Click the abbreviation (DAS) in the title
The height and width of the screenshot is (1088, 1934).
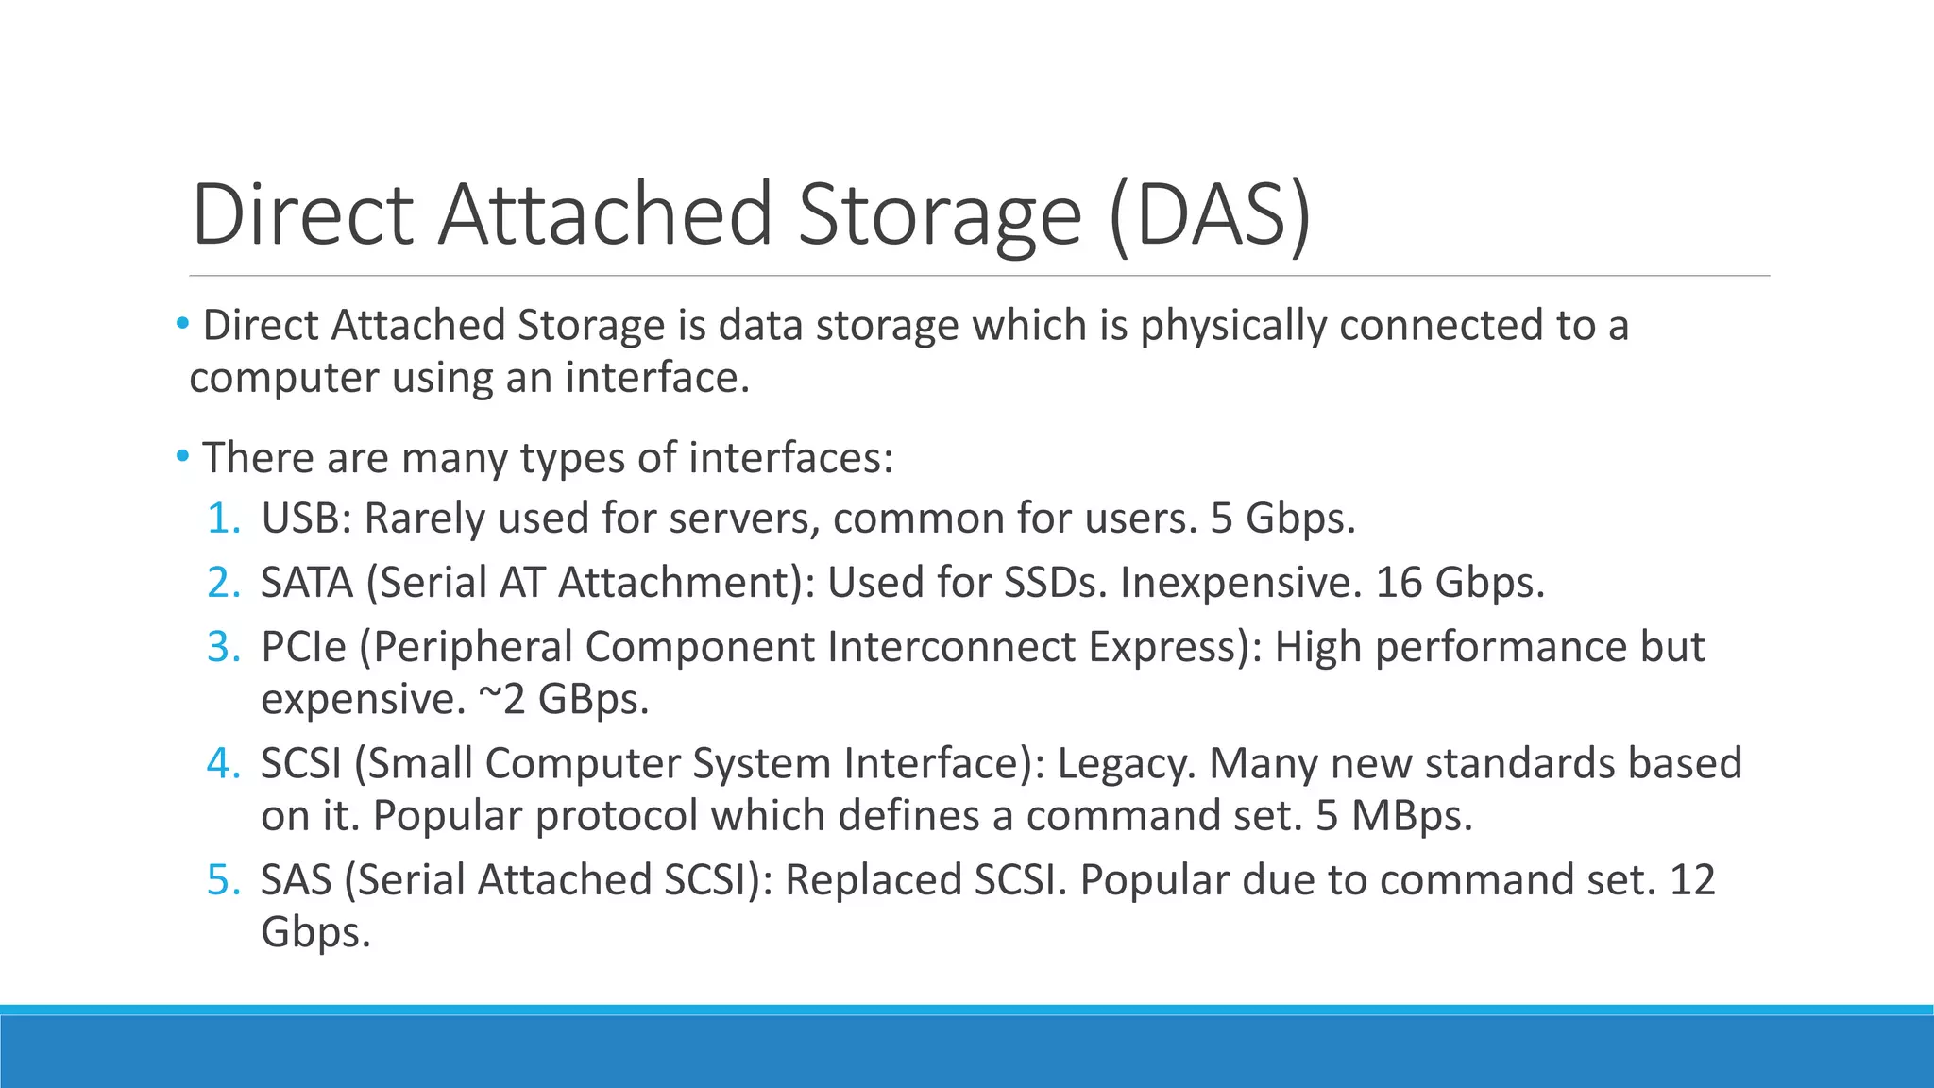pos(1210,215)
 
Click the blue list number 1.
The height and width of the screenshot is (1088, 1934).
pos(224,518)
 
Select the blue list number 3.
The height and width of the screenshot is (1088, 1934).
pos(224,647)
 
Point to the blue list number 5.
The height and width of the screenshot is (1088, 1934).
pos(224,880)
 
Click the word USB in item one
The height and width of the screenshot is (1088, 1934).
pos(300,518)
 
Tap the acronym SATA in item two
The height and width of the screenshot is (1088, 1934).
pos(306,583)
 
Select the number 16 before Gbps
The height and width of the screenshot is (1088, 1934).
pos(1398,583)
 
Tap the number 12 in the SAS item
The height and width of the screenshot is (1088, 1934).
pos(1691,880)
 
